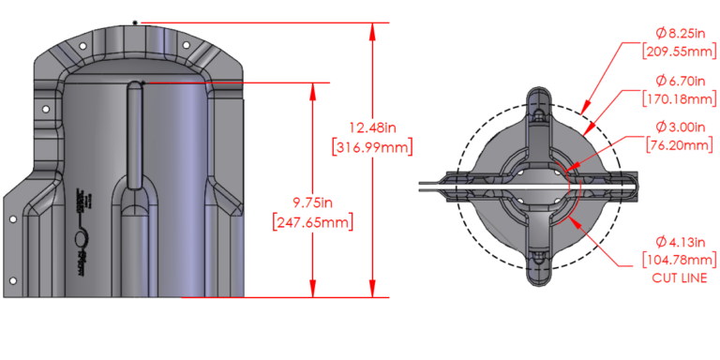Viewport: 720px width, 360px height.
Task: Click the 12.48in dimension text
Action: click(x=372, y=127)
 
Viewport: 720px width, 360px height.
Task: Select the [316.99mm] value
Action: click(x=372, y=146)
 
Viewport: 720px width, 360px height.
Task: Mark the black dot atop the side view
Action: click(x=136, y=21)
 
